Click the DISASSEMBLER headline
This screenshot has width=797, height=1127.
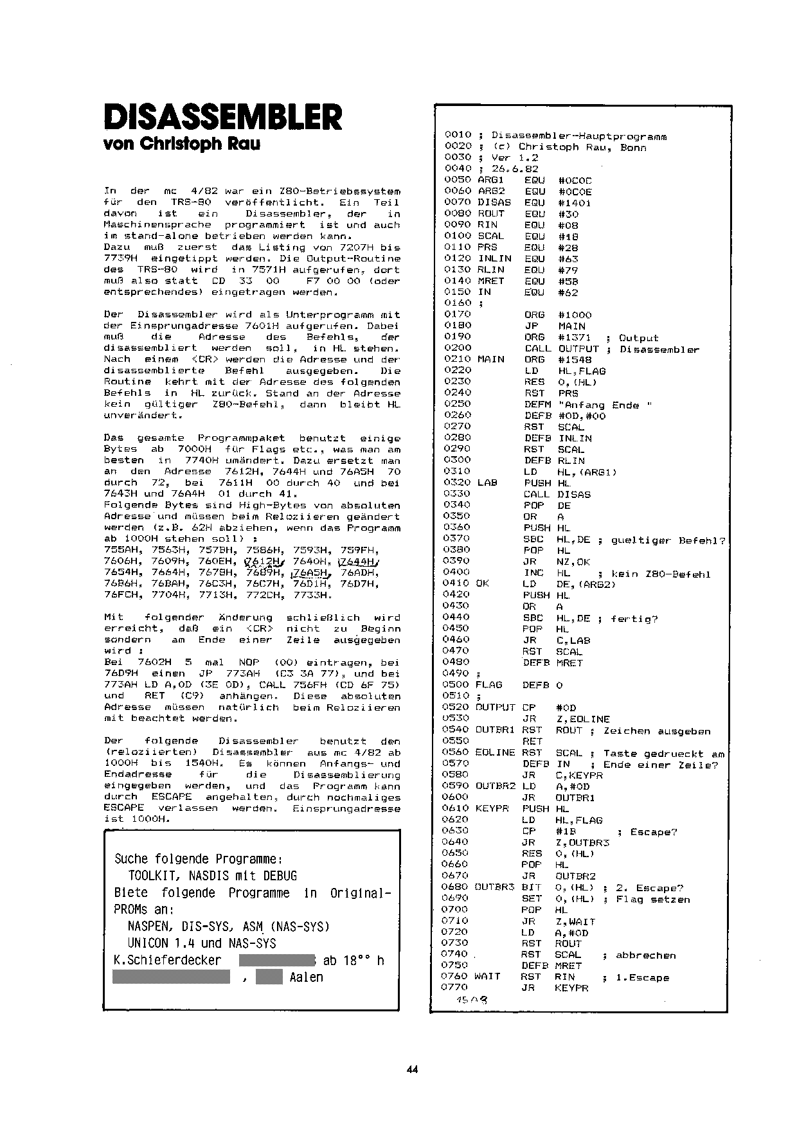click(x=222, y=117)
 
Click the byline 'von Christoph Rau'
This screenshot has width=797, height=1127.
click(x=182, y=144)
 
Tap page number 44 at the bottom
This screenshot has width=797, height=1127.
click(x=412, y=1069)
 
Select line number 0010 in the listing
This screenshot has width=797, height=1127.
click(x=458, y=136)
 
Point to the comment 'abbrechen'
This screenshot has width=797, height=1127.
click(x=645, y=955)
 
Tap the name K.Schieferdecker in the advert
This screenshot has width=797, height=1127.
click(x=168, y=961)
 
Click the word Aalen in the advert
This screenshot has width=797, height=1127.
click(x=306, y=977)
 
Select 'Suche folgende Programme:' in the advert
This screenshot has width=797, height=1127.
click(x=199, y=859)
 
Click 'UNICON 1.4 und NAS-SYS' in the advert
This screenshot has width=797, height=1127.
click(x=201, y=943)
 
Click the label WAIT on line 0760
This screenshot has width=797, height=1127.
click(x=487, y=977)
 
